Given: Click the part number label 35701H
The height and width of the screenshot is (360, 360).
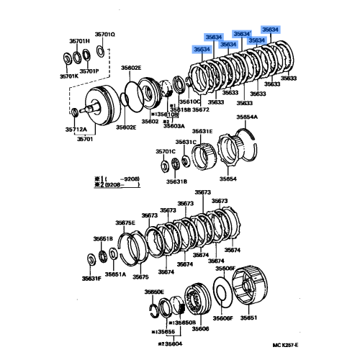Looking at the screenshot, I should pos(76,41).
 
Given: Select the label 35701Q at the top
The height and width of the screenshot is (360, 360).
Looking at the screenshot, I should pos(105,35).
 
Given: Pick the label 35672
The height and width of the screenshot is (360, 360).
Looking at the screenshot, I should pos(200,110).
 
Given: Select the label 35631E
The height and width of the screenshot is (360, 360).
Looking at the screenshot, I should pos(202,131).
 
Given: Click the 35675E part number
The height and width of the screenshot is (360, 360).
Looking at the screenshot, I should pos(125,223).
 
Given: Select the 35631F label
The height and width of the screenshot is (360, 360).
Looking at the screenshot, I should pos(91,277).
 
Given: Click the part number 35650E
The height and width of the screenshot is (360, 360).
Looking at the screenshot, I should pos(154,292).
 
